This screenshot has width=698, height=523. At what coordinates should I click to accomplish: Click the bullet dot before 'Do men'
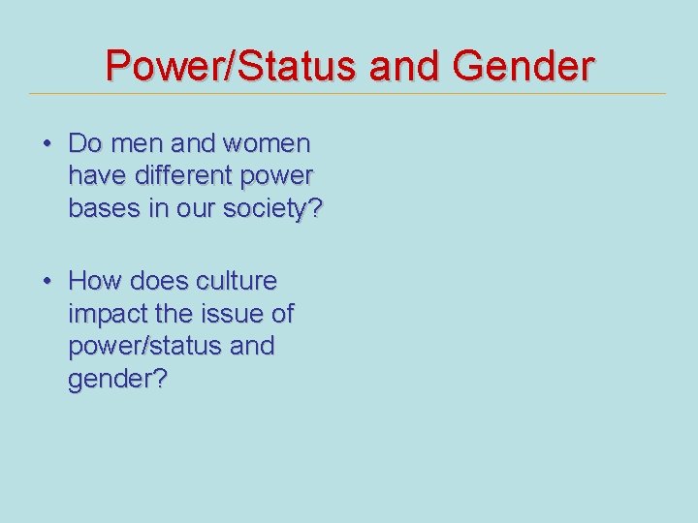[x=47, y=144]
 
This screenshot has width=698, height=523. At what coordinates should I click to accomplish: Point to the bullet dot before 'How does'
[x=47, y=281]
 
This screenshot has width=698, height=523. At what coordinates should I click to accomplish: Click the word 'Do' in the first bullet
[x=85, y=144]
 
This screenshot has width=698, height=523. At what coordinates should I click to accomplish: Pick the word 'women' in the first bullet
[x=267, y=144]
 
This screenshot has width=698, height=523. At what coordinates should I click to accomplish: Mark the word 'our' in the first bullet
[x=200, y=208]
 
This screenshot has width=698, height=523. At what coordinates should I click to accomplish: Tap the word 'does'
[x=158, y=281]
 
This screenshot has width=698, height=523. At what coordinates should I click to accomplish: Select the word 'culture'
[x=237, y=281]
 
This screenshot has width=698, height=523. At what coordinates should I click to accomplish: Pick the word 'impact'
[x=107, y=314]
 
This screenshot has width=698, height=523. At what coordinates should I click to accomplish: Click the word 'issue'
[x=233, y=314]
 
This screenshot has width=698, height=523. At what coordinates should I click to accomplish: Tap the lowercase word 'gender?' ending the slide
[x=117, y=379]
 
